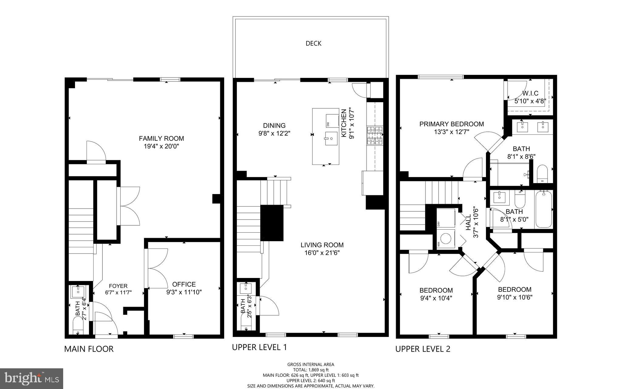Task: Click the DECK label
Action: point(313,43)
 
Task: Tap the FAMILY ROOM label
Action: point(161,139)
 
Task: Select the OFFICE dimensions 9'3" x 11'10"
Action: point(184,292)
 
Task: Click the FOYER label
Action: point(118,286)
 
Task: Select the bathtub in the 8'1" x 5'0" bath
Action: point(543,209)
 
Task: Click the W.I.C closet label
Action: point(530,93)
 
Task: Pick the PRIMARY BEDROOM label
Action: point(451,124)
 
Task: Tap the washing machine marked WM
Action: point(446,239)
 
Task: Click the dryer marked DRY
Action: point(446,218)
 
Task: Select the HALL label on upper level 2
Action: point(468,222)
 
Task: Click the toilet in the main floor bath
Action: point(78,327)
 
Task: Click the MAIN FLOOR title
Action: point(89,349)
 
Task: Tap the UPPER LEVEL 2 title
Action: point(422,349)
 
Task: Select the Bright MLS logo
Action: point(32,378)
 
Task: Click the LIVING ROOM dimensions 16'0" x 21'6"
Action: point(322,253)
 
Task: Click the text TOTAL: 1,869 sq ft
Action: point(310,370)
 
